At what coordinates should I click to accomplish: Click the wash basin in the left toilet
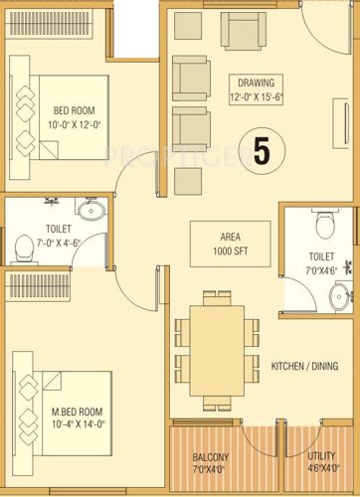coord(91,210)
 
